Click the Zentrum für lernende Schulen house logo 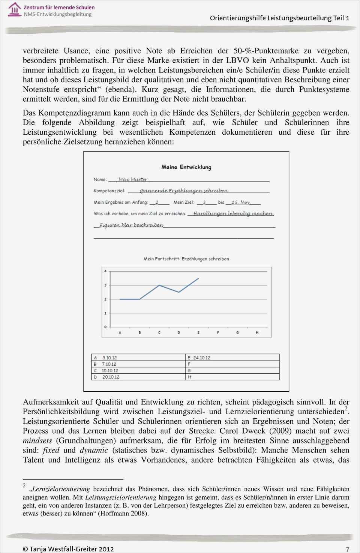15,9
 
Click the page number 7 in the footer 347,549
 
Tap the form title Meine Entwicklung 186,167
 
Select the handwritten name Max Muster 133,179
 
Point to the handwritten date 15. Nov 240,202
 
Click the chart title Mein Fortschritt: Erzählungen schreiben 186,258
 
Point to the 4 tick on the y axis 105,271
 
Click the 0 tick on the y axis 105,327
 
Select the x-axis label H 257,332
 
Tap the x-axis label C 159,332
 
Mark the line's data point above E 198,278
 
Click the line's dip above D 179,292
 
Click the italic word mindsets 37,440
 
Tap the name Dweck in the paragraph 253,431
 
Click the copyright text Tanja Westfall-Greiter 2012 68,549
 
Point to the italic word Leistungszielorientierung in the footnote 120,497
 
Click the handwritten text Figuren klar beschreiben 131,225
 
